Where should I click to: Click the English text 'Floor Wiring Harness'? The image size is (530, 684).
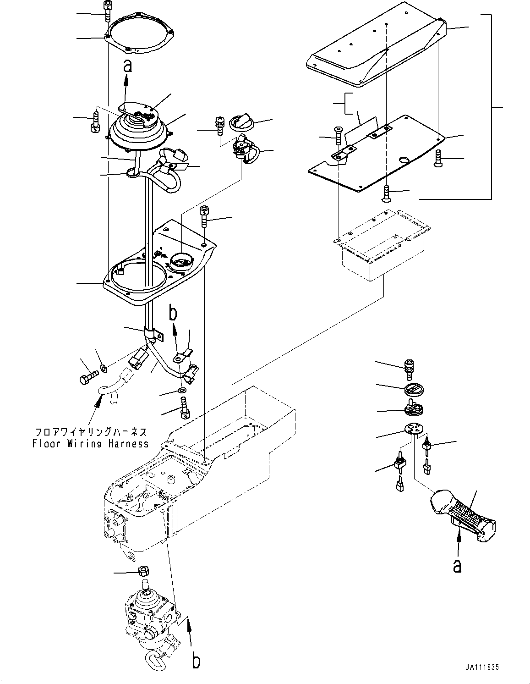pyautogui.click(x=91, y=443)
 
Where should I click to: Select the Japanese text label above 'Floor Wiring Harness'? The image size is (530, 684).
pyautogui.click(x=91, y=432)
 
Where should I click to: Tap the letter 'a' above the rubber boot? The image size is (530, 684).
pyautogui.click(x=128, y=66)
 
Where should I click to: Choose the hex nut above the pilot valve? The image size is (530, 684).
pyautogui.click(x=143, y=572)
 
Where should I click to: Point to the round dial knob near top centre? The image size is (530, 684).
pyautogui.click(x=241, y=123)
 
